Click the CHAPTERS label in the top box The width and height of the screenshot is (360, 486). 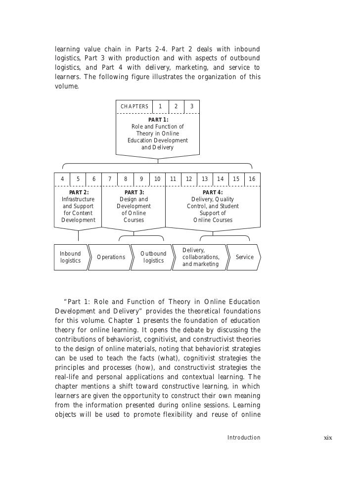click(x=135, y=106)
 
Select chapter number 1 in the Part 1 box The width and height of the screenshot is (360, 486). click(x=160, y=106)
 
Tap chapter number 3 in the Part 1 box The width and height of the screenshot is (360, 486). click(x=192, y=106)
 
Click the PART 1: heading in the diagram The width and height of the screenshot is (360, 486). click(x=158, y=120)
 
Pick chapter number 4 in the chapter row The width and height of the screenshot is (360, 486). click(x=62, y=179)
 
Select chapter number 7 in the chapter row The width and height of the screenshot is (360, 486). click(x=109, y=179)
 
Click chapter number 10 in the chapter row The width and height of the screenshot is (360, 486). click(x=157, y=179)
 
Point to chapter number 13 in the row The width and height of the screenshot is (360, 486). click(x=205, y=179)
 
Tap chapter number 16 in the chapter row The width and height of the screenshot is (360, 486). click(x=252, y=179)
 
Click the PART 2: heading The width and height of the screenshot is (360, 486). click(x=79, y=192)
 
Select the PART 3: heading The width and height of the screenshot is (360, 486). click(x=134, y=192)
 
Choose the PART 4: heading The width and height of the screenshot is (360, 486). click(x=213, y=192)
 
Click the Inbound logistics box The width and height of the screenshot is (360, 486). click(x=70, y=257)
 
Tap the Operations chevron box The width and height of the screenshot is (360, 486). click(x=111, y=257)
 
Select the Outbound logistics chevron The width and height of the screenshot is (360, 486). click(x=153, y=257)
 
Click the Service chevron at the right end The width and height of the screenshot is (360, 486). click(x=245, y=257)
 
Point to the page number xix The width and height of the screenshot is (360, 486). click(x=328, y=438)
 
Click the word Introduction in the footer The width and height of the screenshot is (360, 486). click(x=243, y=438)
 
